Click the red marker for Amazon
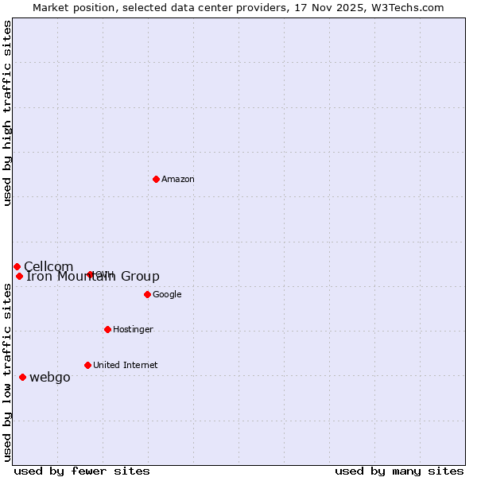tap(156, 179)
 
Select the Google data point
tap(147, 294)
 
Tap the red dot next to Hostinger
tap(107, 329)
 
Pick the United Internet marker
tap(87, 365)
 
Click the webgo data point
tap(22, 377)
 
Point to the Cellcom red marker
tap(17, 266)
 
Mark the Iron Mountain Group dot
tap(19, 276)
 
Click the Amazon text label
tap(177, 180)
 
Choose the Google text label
tap(167, 295)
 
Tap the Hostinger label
tap(133, 330)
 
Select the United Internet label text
tap(125, 366)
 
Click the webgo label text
tap(49, 378)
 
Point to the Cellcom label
tap(48, 267)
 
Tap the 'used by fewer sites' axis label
tap(82, 471)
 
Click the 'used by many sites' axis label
tap(399, 471)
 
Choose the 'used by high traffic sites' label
tap(8, 113)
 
